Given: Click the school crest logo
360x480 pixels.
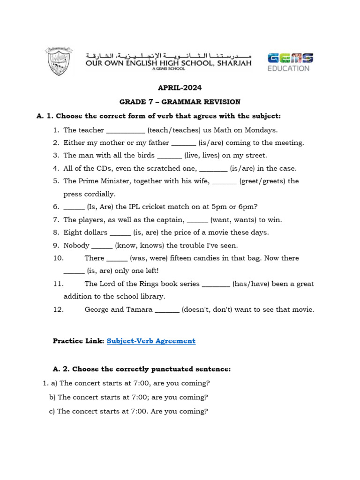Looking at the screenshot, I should pos(59,61).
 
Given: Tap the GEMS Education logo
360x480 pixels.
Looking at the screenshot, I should pos(290,62).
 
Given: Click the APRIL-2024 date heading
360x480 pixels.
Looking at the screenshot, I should pos(180,88).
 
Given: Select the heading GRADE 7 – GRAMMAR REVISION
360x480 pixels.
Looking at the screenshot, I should pos(180,102).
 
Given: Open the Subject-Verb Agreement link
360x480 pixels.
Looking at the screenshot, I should pos(151,341).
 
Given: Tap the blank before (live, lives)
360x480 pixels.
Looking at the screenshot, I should pos(169,156).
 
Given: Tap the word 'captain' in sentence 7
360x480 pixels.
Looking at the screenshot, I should pos(170,220).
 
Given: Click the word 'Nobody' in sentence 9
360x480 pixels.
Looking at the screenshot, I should pos(76,246).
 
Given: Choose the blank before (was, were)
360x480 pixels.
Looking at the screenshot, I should pos(117,259).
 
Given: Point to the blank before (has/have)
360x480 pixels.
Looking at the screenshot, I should pos(216,285).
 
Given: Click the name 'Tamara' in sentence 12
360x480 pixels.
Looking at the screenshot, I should pos(139,310).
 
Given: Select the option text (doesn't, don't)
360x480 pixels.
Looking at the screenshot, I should pos(208,310).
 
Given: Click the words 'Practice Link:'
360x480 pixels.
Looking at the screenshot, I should pos(78,341).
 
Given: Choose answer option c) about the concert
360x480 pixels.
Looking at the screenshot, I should pos(128,412).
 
